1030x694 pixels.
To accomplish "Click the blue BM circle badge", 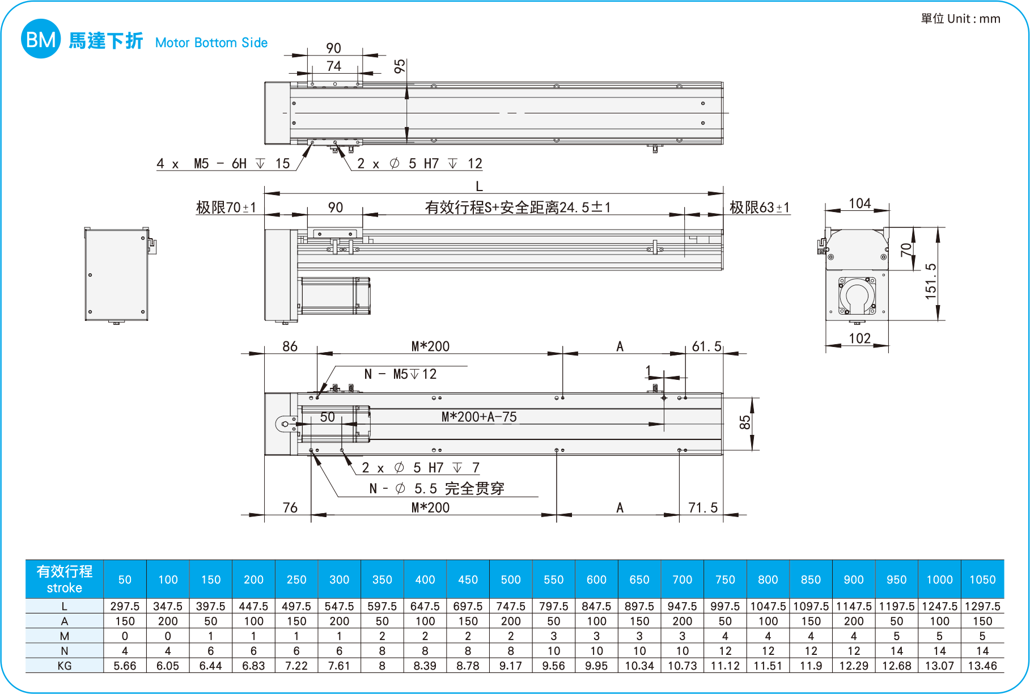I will pyautogui.click(x=40, y=39).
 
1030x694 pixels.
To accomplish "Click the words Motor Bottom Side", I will pyautogui.click(x=211, y=43).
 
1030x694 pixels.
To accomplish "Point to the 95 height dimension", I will pyautogui.click(x=400, y=66).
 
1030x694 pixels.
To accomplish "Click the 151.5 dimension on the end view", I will pyautogui.click(x=930, y=281).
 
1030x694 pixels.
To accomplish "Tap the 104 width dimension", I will pyautogui.click(x=859, y=204).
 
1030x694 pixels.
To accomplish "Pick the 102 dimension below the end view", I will pyautogui.click(x=859, y=338).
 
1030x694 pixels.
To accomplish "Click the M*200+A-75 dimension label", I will pyautogui.click(x=479, y=417).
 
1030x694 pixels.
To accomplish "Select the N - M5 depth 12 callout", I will pyautogui.click(x=400, y=374).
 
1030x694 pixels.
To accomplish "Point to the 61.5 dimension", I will pyautogui.click(x=706, y=346).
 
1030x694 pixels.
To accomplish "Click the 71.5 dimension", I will pyautogui.click(x=703, y=507).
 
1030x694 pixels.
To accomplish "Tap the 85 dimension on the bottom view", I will pyautogui.click(x=745, y=422).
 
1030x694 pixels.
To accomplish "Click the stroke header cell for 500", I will pyautogui.click(x=511, y=579).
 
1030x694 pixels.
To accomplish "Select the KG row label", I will pyautogui.click(x=65, y=666).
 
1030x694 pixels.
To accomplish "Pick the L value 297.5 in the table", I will pyautogui.click(x=125, y=606).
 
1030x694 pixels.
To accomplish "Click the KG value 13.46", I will pyautogui.click(x=982, y=666).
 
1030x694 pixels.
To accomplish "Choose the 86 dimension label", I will pyautogui.click(x=290, y=346).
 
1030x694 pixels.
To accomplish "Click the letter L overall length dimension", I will pyautogui.click(x=479, y=186).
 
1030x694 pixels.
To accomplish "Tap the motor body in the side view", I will pyautogui.click(x=334, y=295).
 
